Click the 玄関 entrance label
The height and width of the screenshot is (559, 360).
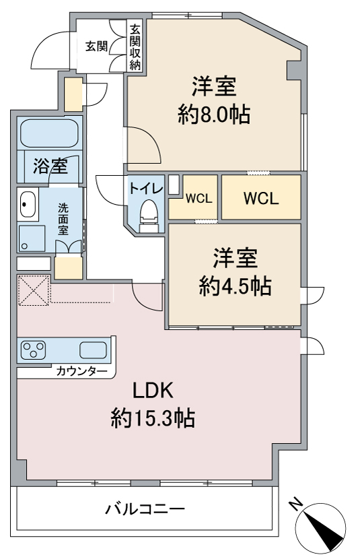(96, 46)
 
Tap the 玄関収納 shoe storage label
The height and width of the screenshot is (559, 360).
(135, 47)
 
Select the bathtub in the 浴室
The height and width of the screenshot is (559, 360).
(49, 133)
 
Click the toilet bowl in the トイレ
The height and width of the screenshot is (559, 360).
(149, 214)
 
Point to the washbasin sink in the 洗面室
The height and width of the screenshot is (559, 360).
(28, 204)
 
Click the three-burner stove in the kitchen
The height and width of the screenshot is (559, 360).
(34, 350)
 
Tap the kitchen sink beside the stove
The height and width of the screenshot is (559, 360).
(93, 350)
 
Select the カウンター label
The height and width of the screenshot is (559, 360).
(81, 372)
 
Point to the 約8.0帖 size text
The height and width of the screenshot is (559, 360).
(214, 114)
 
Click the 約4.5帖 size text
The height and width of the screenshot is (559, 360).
(236, 286)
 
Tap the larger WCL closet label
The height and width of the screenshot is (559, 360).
(261, 198)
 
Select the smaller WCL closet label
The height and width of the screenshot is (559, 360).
(199, 198)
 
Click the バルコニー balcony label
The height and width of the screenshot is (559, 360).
(145, 508)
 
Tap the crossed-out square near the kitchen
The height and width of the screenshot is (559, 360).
(34, 290)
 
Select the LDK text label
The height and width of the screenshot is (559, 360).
(153, 391)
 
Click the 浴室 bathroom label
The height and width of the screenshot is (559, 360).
(50, 166)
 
